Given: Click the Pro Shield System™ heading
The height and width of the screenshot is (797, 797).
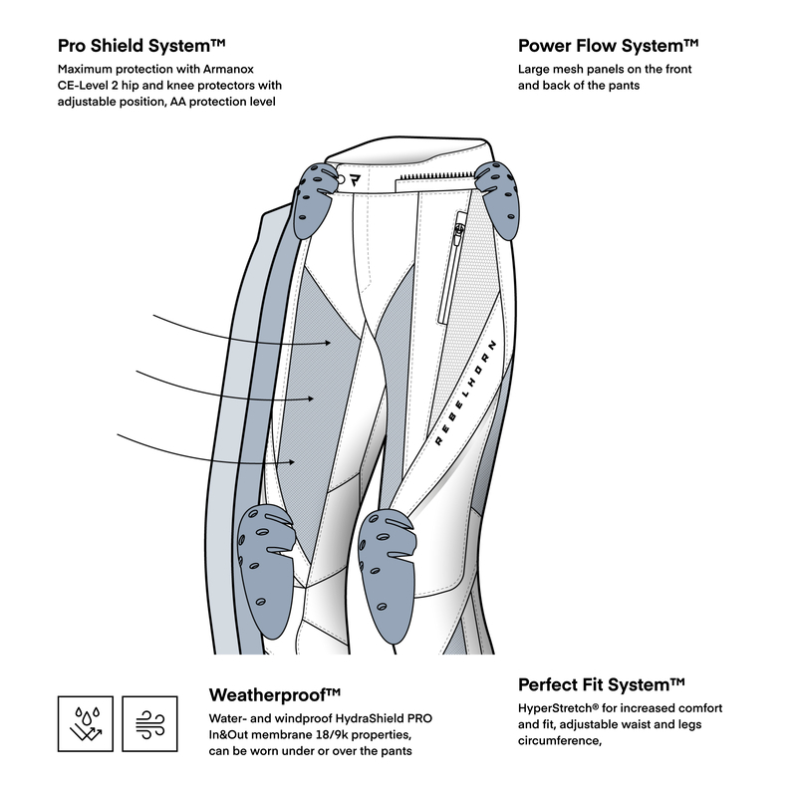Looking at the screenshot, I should click(143, 46).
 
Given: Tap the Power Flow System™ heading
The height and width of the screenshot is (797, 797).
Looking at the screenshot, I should click(608, 46).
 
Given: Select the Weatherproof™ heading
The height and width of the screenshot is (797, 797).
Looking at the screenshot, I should click(276, 693).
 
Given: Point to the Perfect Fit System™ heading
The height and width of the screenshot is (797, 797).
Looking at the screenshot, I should click(602, 684).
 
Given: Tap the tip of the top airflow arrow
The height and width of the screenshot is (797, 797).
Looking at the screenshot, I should click(331, 343).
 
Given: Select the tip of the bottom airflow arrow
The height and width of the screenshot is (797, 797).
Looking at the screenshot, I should click(296, 461).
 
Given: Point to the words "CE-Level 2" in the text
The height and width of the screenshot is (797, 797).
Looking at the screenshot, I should click(91, 87).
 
